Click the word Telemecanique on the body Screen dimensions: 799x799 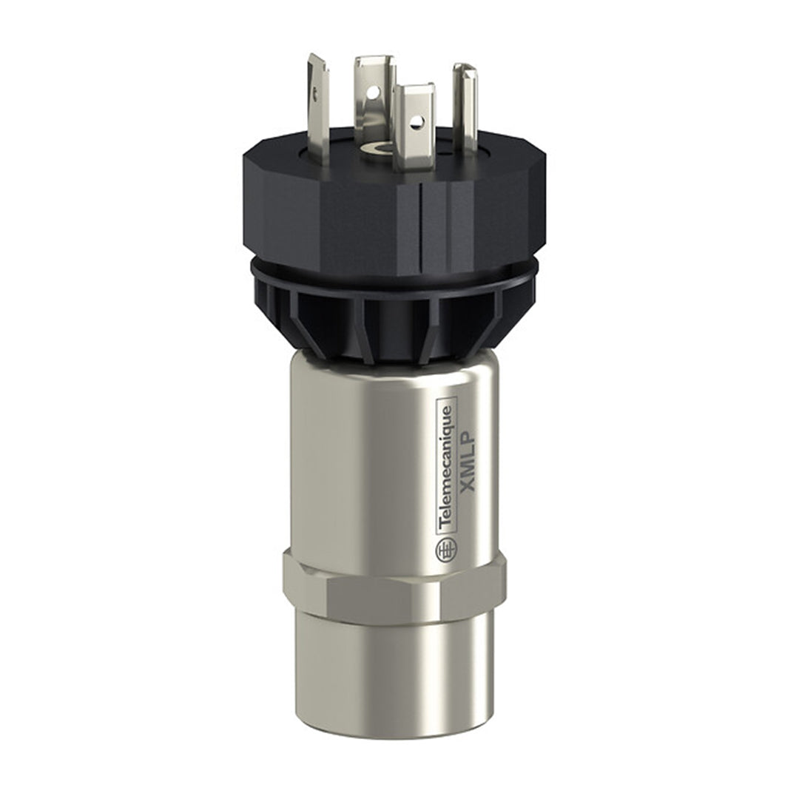(x=446, y=467)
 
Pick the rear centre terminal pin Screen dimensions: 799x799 (x=374, y=96)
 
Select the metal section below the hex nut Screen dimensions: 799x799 (x=392, y=666)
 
